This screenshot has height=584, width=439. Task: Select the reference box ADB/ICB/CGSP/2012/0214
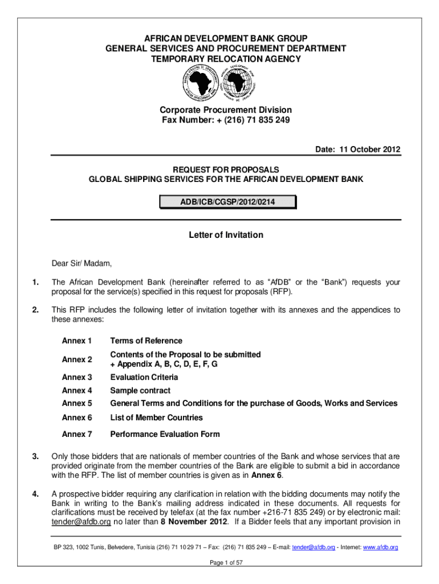(x=226, y=201)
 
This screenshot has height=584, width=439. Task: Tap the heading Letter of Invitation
(x=226, y=235)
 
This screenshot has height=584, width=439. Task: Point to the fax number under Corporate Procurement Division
(x=226, y=120)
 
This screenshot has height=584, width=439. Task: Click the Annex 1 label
(x=77, y=341)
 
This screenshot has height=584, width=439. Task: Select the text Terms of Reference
(x=146, y=341)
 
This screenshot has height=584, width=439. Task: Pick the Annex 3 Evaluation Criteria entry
(x=144, y=378)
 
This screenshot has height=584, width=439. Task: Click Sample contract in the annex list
(x=140, y=391)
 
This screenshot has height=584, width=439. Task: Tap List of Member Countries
(x=156, y=418)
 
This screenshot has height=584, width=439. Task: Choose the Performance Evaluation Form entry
(x=165, y=435)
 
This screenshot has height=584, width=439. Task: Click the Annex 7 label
(x=77, y=435)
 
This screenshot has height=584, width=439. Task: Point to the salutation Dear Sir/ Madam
(x=82, y=263)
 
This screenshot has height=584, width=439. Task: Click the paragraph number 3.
(x=35, y=456)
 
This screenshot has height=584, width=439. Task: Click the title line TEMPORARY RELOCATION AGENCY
(x=226, y=59)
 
